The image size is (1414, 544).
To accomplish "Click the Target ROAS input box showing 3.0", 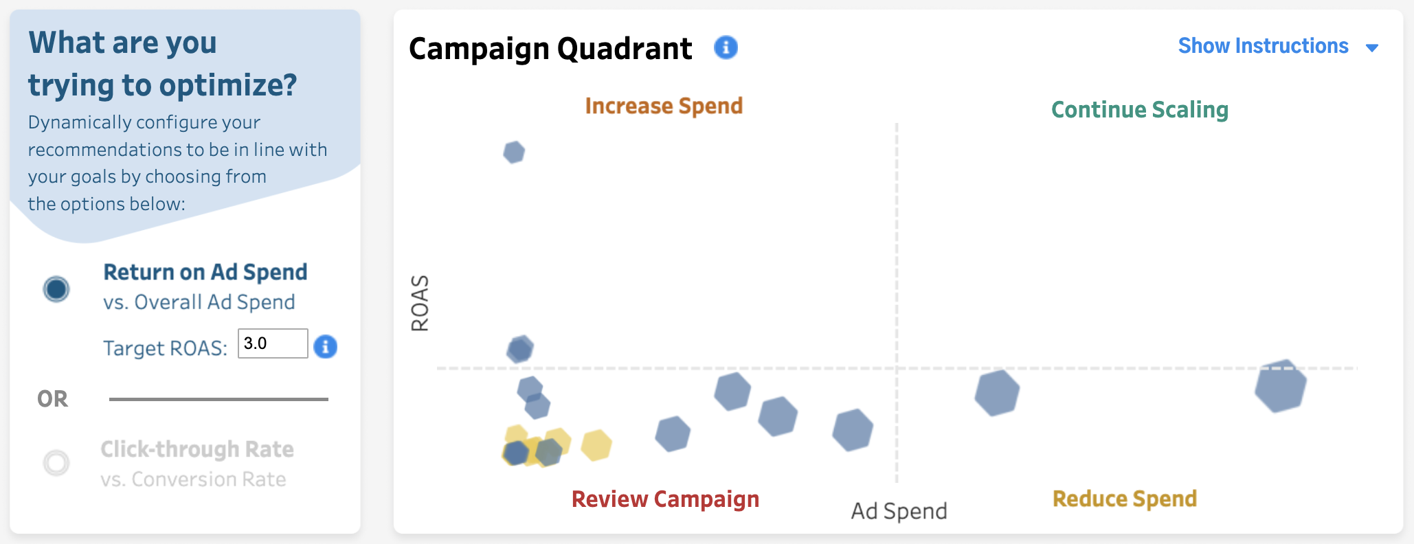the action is (x=273, y=343).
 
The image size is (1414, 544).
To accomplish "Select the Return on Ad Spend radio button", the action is (x=56, y=289).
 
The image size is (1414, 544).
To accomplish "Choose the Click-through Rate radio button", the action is (x=56, y=463).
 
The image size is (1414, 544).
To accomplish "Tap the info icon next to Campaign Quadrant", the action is (x=726, y=47).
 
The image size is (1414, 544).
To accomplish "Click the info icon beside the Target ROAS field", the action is (x=326, y=346).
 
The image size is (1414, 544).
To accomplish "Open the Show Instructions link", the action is (x=1263, y=46).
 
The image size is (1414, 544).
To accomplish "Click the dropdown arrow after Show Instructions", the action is (x=1372, y=48).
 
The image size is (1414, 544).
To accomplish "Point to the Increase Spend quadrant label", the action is (x=664, y=106).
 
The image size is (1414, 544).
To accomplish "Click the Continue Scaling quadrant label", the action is (x=1140, y=110).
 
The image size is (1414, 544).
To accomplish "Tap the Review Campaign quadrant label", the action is (x=665, y=499).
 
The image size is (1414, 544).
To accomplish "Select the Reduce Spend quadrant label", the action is (x=1125, y=499).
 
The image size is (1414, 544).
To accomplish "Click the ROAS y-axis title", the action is (x=420, y=303).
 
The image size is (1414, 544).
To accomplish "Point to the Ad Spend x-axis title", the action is (x=899, y=511).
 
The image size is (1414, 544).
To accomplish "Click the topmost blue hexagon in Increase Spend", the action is (x=514, y=152).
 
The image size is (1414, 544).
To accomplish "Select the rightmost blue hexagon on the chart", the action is (x=1281, y=386).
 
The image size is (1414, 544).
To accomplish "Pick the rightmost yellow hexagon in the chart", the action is (x=596, y=445).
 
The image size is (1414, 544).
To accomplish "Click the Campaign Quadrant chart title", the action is (x=550, y=49).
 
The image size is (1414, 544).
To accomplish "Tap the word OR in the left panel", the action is (x=53, y=399).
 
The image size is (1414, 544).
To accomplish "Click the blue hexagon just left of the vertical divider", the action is (x=853, y=430).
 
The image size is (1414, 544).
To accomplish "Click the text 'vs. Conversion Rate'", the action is (x=193, y=479).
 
